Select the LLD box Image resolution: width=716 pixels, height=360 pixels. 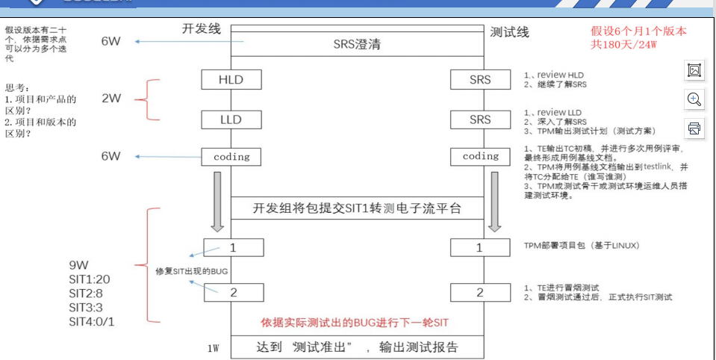[x=231, y=120]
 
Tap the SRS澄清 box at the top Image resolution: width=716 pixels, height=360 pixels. [x=357, y=44]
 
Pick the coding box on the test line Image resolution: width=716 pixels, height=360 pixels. [x=480, y=157]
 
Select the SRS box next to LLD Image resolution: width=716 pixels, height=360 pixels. [x=480, y=120]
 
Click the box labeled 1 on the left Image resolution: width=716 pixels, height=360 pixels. [x=233, y=247]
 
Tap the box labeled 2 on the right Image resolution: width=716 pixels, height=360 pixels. [x=480, y=292]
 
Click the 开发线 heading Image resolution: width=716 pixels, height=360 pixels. [x=202, y=28]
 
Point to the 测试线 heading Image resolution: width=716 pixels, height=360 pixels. [x=509, y=32]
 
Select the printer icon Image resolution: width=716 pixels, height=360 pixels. [x=694, y=128]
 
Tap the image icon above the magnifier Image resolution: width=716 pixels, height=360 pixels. [x=694, y=70]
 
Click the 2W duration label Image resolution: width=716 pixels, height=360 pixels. [x=110, y=99]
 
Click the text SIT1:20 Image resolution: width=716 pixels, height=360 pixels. [x=90, y=278]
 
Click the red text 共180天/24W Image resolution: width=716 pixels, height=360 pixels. [x=623, y=45]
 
